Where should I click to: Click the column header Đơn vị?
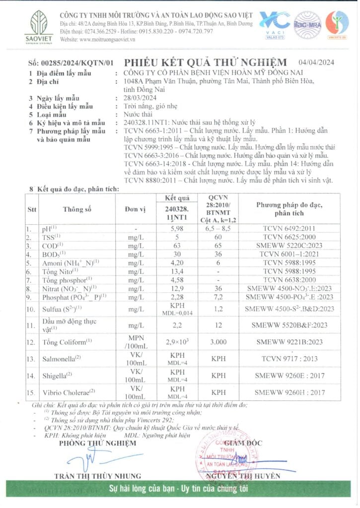135,209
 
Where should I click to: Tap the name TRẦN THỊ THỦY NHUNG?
94,476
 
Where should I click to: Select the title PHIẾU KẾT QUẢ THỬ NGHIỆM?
205,62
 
